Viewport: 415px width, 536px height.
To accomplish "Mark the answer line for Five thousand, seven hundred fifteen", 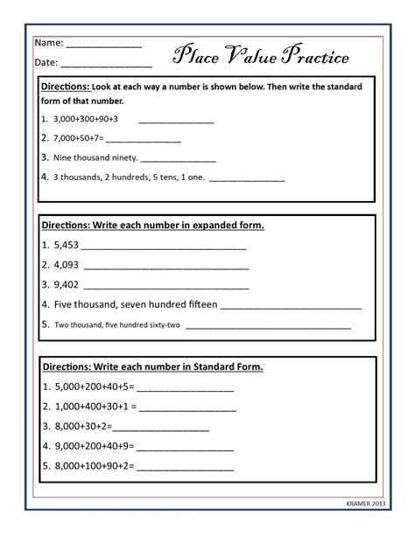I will click(291, 306).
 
